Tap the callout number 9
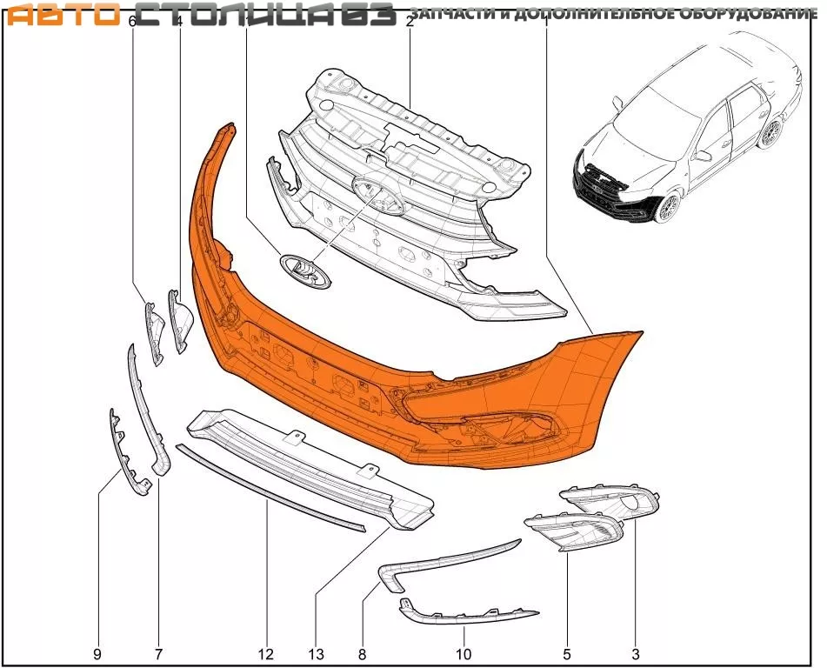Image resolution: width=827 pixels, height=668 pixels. click(x=97, y=653)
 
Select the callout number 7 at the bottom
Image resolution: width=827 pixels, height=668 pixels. click(x=159, y=653)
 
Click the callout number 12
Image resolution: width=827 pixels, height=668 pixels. click(x=265, y=653)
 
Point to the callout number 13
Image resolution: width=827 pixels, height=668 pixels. click(x=315, y=653)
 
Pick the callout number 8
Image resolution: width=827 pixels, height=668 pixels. click(x=362, y=653)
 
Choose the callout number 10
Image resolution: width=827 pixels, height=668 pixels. click(x=464, y=653)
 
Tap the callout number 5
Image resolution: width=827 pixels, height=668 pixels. click(x=567, y=653)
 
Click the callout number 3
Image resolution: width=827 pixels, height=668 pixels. click(x=636, y=653)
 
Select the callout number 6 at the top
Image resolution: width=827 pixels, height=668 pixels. click(x=132, y=22)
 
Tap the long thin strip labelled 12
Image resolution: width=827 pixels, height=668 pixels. click(x=270, y=487)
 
